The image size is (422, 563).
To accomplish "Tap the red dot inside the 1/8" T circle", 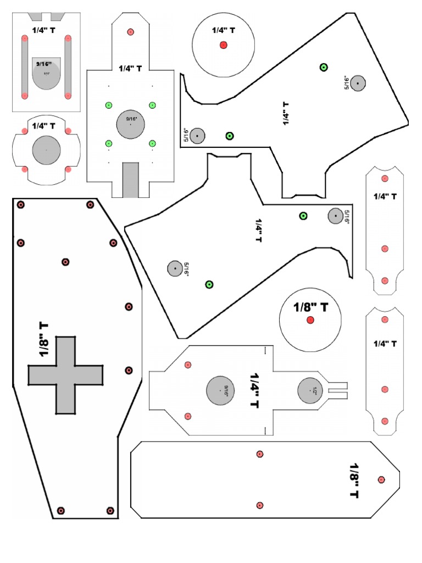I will point(310,320).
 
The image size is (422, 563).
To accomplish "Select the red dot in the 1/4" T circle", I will point(223,45).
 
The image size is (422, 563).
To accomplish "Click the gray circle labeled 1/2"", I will point(308,391).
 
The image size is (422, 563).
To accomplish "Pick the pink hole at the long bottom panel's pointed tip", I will point(381,480).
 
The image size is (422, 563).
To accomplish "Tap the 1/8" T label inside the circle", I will point(310,307).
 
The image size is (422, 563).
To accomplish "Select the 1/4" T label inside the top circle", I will point(223,31).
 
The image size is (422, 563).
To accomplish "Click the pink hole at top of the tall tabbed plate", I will point(130,32).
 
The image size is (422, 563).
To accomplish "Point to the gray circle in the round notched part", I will point(46,150).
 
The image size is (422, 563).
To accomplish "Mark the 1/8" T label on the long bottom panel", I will point(354,480).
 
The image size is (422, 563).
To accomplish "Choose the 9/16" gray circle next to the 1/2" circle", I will point(221,391).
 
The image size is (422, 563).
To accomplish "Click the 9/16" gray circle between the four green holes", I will point(130,124).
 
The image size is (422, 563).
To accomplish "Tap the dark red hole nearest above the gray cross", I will point(65,262).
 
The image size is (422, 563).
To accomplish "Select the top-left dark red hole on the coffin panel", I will point(21,205).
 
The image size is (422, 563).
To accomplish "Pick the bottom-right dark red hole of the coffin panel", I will point(110,510).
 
